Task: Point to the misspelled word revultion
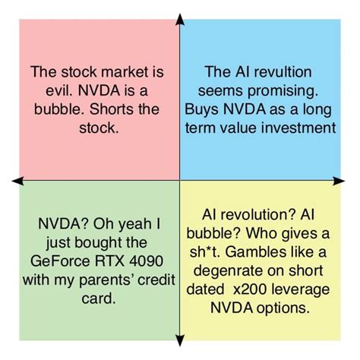pyautogui.click(x=283, y=72)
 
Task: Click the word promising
pyautogui.click(x=283, y=92)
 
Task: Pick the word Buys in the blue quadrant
pyautogui.click(x=201, y=110)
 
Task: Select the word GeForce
pyautogui.click(x=60, y=261)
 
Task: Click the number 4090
pyautogui.click(x=146, y=261)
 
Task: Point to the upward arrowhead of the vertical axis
pyautogui.click(x=180, y=19)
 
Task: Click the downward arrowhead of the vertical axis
pyautogui.click(x=180, y=340)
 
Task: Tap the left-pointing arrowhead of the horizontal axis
pyautogui.click(x=17, y=181)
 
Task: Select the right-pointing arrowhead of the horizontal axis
pyautogui.click(x=339, y=181)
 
